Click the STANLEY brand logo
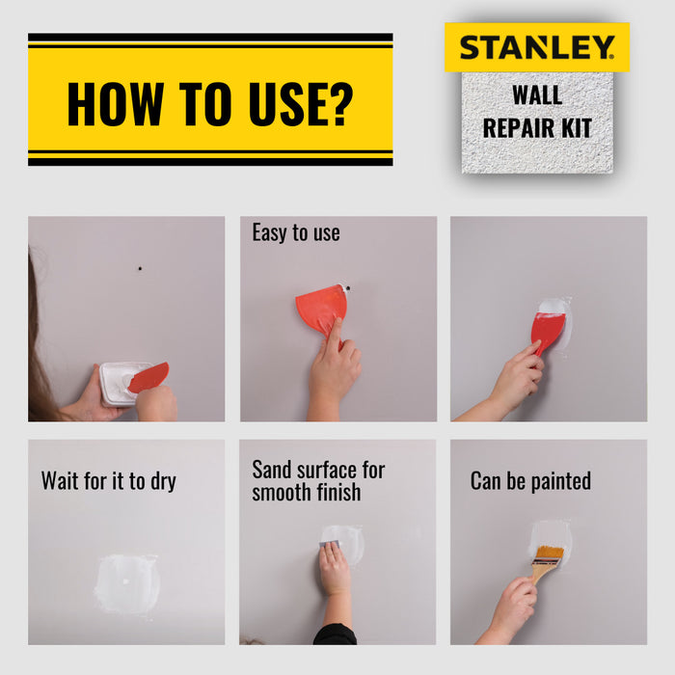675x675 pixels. [x=536, y=47]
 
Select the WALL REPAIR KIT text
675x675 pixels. [x=536, y=114]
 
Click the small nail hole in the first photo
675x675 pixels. [x=140, y=267]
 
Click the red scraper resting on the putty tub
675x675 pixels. [x=148, y=377]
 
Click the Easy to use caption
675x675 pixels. [x=296, y=232]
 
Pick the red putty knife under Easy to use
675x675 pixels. [x=321, y=308]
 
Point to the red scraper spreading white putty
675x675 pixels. [x=547, y=331]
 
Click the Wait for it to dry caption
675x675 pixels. [x=109, y=480]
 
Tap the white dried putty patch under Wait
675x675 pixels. [x=126, y=583]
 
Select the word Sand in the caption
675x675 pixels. [x=273, y=470]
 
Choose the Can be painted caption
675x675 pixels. [x=530, y=480]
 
